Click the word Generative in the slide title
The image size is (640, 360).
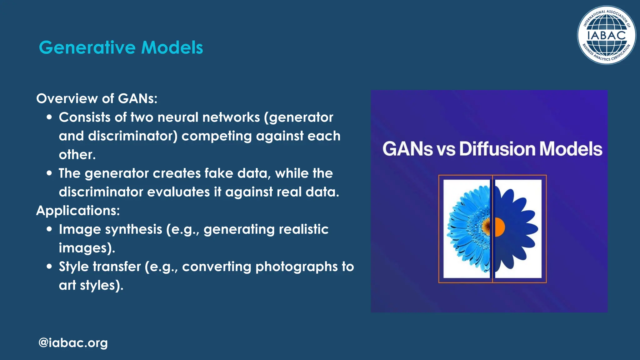coord(87,47)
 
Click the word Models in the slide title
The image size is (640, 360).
coord(172,47)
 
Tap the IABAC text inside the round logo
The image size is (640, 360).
coord(606,35)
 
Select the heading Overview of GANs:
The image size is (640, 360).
coord(97,98)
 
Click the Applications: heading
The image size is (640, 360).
coord(78,210)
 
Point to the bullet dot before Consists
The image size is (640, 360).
coord(49,117)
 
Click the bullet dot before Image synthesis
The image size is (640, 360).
coord(49,229)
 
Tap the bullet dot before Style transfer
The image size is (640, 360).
coord(49,267)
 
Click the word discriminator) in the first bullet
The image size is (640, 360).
coord(132,136)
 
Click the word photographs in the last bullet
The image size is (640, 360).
coord(296,267)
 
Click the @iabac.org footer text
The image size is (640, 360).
coord(73,343)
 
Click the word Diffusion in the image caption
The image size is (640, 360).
coord(497,149)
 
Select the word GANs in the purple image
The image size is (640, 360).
coord(407,149)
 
